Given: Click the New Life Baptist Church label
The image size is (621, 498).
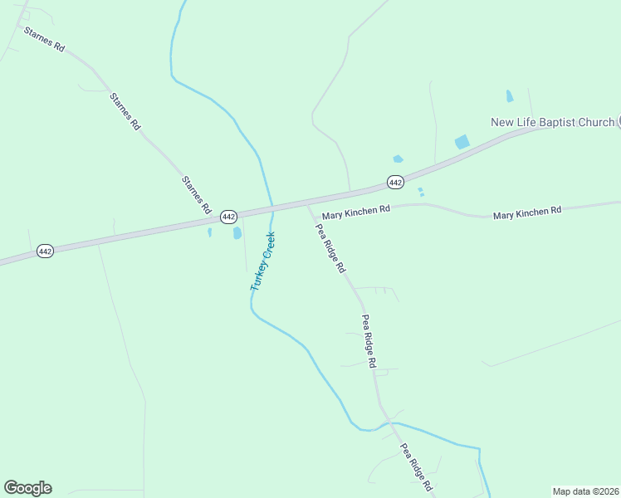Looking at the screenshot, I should coord(552,122).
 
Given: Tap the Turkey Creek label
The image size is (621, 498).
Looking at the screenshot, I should coord(263,261).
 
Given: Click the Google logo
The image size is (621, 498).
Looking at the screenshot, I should coord(27,488).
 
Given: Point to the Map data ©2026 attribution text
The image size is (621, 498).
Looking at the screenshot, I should coord(585,491).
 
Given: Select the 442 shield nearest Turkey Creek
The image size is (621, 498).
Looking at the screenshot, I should coord(229,216).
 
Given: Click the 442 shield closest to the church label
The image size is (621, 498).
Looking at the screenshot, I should coord(395,182).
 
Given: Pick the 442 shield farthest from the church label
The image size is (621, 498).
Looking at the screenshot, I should coord(46,251).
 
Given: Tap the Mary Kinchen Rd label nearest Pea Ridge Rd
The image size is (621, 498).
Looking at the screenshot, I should coord(356,212).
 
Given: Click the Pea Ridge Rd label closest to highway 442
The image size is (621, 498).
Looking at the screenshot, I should coord(330,250).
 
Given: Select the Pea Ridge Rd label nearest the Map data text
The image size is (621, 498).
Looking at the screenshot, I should coord(418,469).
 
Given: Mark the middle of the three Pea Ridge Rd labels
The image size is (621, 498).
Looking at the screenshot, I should coord(369,341).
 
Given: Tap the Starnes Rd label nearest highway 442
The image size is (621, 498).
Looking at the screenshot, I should coord(197,196).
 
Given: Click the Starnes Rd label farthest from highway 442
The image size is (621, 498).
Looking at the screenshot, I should coord(45,40).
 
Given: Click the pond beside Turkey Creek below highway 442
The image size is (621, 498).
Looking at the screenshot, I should coord(237,233).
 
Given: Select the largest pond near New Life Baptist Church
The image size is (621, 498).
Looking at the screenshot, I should coord(462,142).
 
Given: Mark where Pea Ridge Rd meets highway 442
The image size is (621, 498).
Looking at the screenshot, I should coord(308,202).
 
